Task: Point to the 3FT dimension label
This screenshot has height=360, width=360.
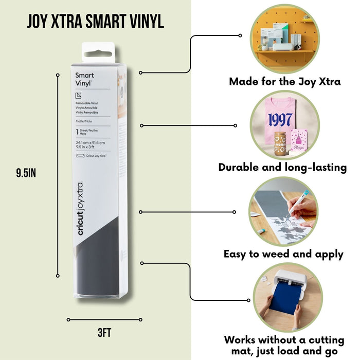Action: [x=104, y=333]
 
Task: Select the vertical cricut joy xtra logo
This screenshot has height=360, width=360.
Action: [x=82, y=208]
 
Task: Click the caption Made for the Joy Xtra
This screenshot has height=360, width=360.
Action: [x=284, y=81]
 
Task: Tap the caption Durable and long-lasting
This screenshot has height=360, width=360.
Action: [x=282, y=167]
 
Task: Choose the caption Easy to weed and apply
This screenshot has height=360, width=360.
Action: [x=284, y=254]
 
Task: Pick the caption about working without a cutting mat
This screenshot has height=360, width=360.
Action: [x=284, y=345]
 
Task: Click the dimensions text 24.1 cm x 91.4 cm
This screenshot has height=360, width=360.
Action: [x=91, y=142]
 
